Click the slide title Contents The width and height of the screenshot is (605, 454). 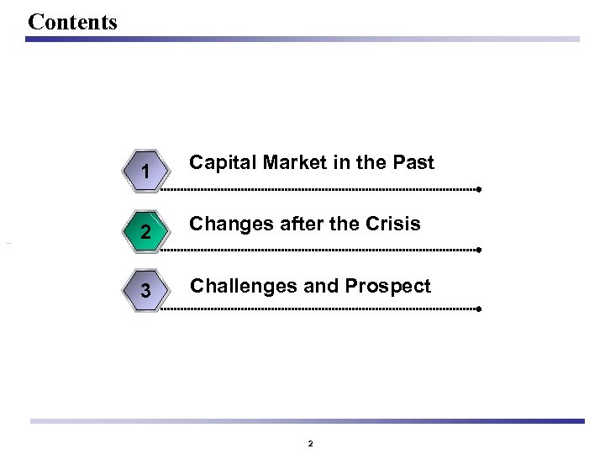72,21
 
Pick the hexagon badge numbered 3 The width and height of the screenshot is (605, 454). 146,292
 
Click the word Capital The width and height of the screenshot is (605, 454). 218,163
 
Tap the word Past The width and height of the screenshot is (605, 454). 413,163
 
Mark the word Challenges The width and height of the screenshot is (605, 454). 243,287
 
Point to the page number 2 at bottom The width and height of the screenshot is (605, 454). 310,443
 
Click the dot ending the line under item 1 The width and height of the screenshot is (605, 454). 478,190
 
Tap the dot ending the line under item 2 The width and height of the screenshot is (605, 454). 478,250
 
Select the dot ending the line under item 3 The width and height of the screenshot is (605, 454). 478,309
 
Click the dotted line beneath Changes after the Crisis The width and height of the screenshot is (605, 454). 319,250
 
